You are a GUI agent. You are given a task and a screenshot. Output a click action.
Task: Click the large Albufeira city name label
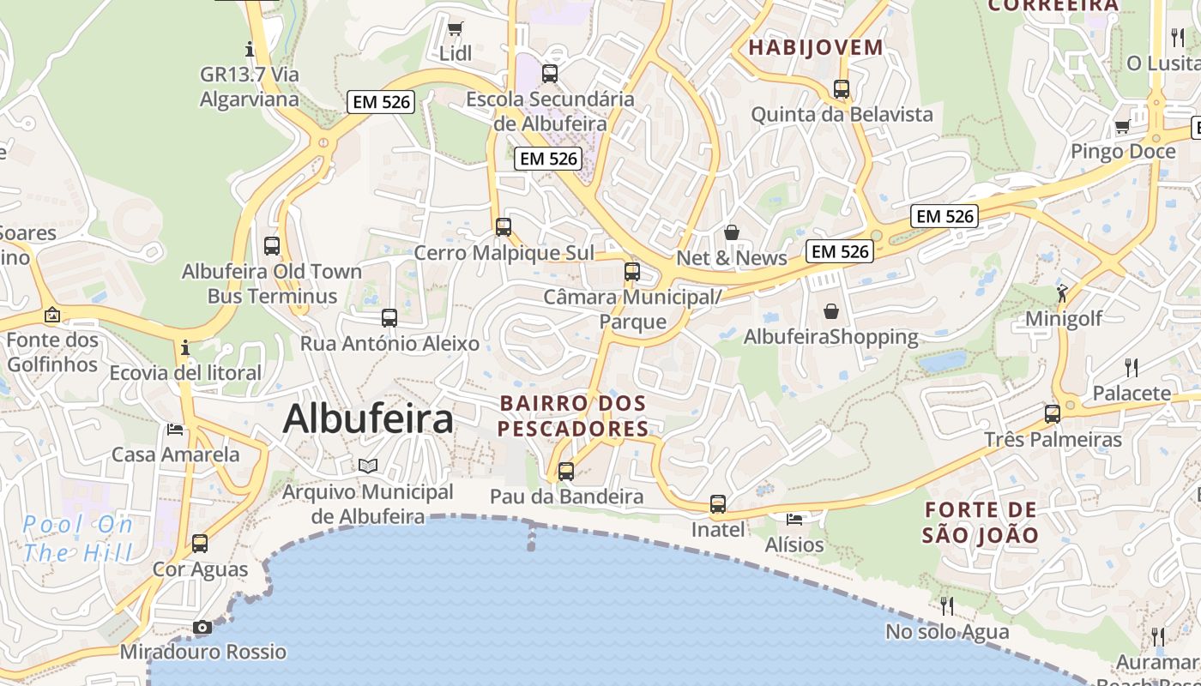click(x=368, y=419)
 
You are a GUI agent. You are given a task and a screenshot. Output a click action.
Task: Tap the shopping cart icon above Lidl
click(x=456, y=28)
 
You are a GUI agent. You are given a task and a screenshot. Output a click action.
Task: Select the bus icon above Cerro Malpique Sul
click(x=504, y=227)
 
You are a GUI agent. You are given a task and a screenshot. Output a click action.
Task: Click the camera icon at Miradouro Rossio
click(x=202, y=627)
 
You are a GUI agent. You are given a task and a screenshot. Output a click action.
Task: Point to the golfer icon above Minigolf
click(x=1064, y=292)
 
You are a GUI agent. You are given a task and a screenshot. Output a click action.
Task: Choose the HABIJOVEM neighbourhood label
click(x=816, y=47)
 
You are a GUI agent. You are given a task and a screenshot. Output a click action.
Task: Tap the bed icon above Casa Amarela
click(x=176, y=429)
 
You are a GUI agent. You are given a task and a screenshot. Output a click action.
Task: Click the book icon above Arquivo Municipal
click(x=368, y=466)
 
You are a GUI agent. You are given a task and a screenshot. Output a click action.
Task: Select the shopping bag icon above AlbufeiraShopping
click(x=830, y=310)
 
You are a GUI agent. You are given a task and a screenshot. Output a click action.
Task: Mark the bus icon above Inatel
click(x=718, y=504)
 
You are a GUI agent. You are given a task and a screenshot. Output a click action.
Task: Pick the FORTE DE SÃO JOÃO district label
click(x=981, y=522)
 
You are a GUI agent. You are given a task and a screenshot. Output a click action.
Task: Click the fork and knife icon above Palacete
click(x=1132, y=368)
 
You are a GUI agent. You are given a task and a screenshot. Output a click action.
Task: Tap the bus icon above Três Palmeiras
click(x=1053, y=414)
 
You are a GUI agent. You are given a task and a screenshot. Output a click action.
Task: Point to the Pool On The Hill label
click(x=78, y=538)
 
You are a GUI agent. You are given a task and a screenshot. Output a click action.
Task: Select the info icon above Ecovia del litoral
click(x=185, y=347)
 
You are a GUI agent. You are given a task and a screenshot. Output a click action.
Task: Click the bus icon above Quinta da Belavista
click(x=842, y=88)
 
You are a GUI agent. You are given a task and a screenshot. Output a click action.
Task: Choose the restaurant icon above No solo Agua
click(x=947, y=606)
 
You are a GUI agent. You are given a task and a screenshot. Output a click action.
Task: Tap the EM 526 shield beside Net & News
click(x=839, y=251)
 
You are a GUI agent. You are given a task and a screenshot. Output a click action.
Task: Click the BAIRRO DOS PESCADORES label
click(x=573, y=415)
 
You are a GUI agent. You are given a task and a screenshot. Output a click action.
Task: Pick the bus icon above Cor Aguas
click(x=200, y=544)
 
